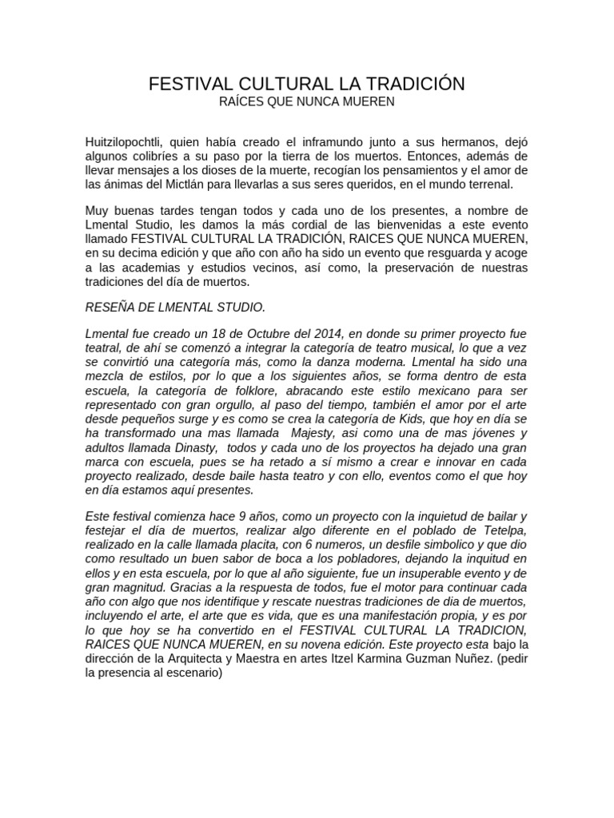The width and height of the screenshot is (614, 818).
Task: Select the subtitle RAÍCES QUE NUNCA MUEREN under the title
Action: [306, 102]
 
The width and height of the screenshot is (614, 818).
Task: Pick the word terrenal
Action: [503, 184]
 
